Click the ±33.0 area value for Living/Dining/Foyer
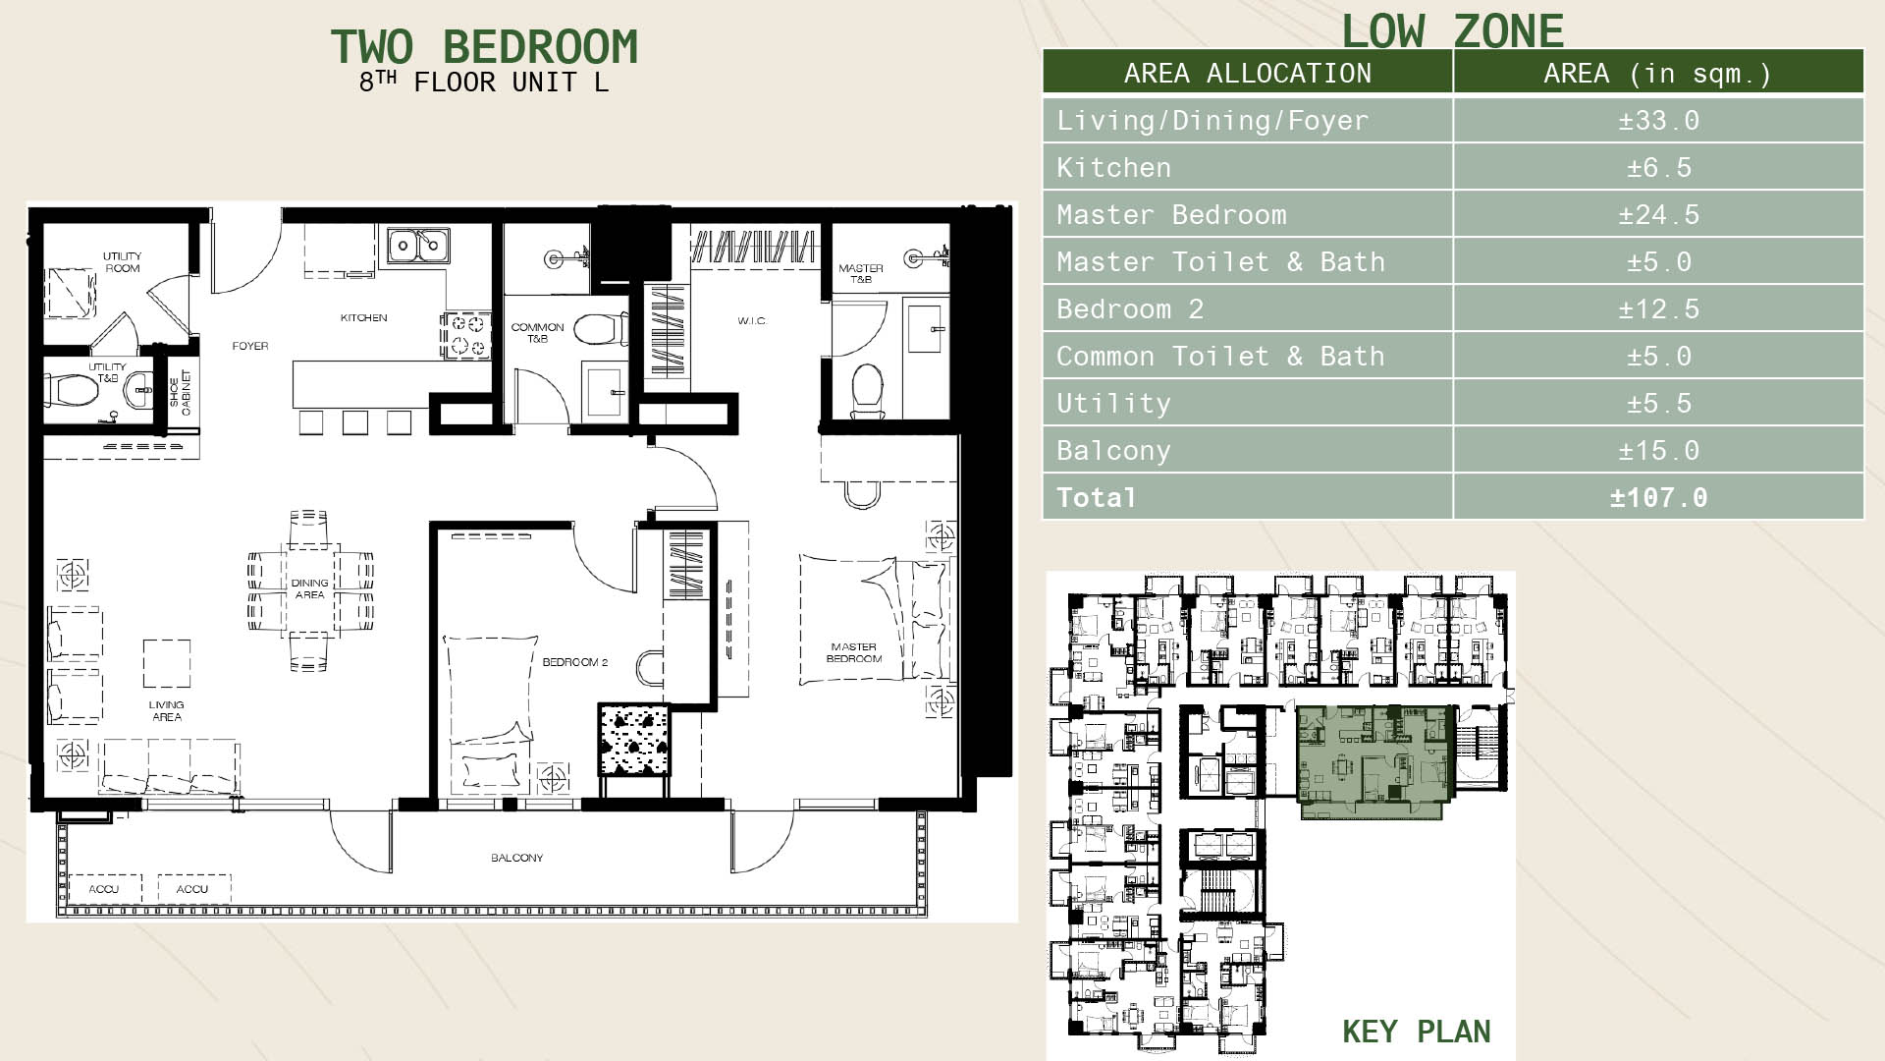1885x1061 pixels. [1658, 121]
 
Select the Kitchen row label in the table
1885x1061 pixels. [1113, 168]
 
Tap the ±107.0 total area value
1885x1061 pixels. [1658, 498]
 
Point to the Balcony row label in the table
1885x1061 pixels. [1113, 451]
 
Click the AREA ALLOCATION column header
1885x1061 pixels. [1248, 74]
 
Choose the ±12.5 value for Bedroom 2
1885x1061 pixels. [1658, 309]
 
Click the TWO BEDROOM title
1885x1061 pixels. [484, 47]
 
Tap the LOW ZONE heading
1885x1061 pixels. [1452, 30]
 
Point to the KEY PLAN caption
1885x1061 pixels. [1417, 1032]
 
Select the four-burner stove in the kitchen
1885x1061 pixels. [464, 335]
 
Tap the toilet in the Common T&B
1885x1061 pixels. [599, 328]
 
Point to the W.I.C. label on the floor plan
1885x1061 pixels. [752, 321]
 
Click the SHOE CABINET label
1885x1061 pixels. [180, 393]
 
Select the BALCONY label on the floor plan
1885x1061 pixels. [516, 858]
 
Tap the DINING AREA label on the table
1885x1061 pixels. [309, 588]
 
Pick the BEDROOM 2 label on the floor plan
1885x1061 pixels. [574, 662]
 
